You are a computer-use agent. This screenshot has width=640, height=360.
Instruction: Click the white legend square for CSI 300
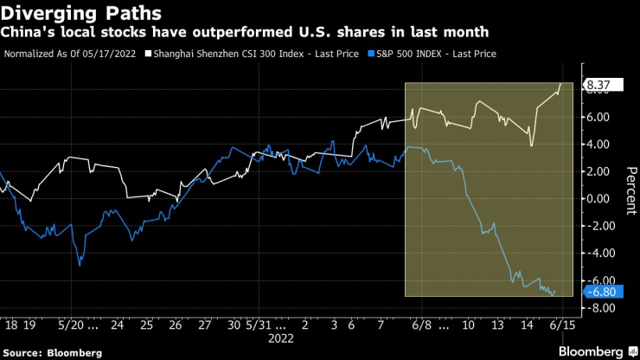click(148, 54)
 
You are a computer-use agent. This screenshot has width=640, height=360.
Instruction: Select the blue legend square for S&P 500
click(371, 54)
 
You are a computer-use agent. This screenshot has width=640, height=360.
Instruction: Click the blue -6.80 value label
click(600, 292)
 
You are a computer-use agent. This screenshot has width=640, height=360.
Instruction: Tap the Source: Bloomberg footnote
click(51, 353)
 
